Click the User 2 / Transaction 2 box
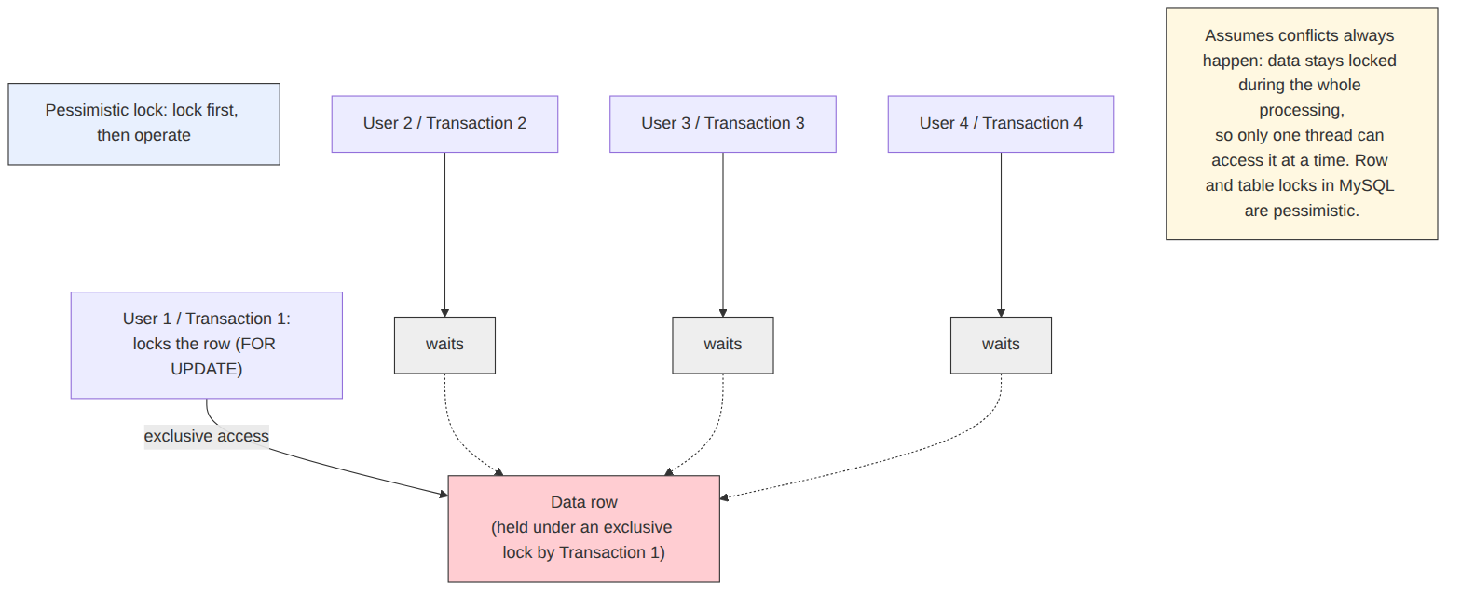point(444,124)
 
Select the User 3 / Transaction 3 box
point(723,124)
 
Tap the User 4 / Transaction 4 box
point(1001,124)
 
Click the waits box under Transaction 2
point(444,345)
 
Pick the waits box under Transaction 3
point(723,345)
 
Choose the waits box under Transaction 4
point(1001,345)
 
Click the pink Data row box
point(583,528)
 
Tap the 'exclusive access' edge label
point(206,436)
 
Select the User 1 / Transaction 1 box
point(207,345)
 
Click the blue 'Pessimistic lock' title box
point(144,124)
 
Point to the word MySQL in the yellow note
point(1366,185)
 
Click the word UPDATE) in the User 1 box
point(207,369)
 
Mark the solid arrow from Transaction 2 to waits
point(444,235)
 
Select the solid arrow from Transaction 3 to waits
point(723,235)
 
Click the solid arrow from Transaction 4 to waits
point(1001,235)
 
